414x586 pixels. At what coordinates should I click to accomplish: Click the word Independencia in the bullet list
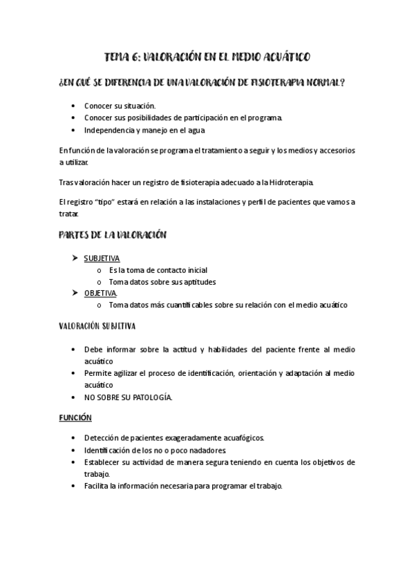point(111,130)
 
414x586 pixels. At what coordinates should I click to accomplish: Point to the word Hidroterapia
point(291,183)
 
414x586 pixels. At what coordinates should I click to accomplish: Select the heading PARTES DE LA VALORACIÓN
point(112,236)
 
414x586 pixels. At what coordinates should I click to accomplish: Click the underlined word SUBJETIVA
point(102,258)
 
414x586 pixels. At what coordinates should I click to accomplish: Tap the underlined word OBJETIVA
point(100,293)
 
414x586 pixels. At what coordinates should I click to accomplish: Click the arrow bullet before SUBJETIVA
point(75,258)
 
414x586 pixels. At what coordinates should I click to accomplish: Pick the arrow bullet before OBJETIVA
point(75,293)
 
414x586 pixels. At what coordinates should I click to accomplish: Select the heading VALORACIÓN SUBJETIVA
point(97,326)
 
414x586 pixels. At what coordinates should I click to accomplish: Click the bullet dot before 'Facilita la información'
point(74,486)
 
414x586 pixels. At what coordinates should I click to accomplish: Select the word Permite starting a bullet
point(100,374)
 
